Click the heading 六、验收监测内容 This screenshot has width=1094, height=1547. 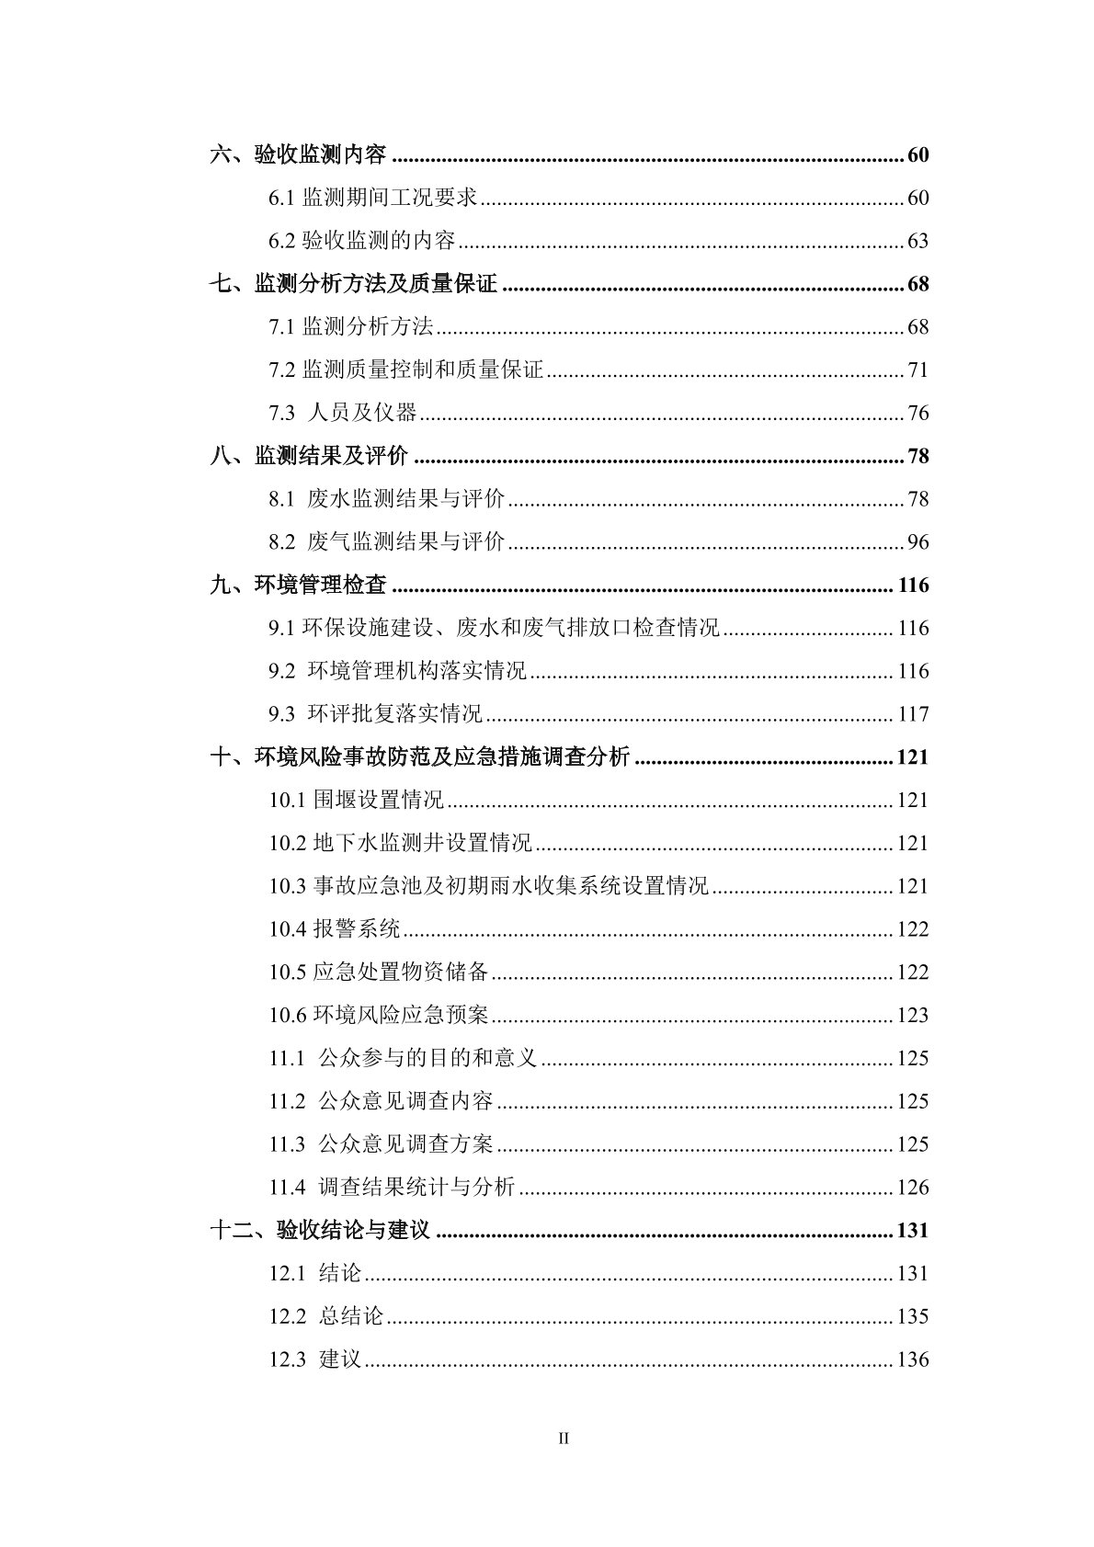coord(298,155)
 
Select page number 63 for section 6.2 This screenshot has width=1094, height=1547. coord(917,242)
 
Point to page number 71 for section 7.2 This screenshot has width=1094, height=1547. coord(917,370)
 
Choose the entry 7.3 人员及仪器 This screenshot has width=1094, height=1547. coord(343,414)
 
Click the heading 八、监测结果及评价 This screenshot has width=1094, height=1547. coord(309,457)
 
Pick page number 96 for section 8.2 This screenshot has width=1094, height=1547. coord(917,542)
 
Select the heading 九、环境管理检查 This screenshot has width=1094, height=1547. coord(298,586)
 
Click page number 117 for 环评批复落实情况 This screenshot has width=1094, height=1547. coord(913,714)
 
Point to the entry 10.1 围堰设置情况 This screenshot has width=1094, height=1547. coord(357,801)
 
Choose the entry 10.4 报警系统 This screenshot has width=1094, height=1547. coord(335,929)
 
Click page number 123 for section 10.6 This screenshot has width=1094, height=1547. coord(913,1016)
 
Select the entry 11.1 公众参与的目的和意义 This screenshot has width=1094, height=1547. coord(403,1059)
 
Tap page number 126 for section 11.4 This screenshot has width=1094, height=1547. coord(913,1188)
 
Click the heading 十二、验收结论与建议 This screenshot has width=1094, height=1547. coord(320,1231)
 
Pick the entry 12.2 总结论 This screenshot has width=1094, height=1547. coord(326,1317)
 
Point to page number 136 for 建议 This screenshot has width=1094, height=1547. coord(913,1359)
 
